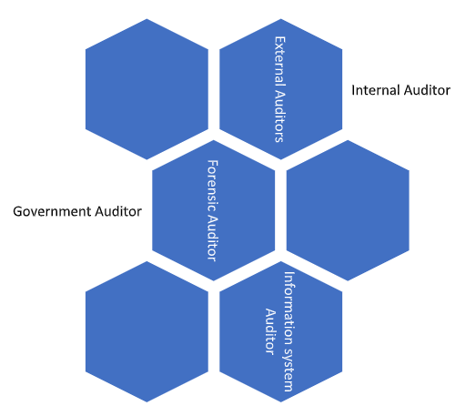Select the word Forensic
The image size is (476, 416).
point(212,186)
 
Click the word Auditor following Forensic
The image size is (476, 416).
point(212,238)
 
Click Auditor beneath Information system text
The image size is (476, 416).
point(270,331)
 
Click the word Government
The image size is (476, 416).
point(52,211)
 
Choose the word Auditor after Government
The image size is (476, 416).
point(118,211)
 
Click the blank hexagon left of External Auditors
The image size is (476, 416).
point(147,89)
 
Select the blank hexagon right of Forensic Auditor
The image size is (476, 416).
point(348,210)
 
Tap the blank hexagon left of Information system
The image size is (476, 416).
point(147,331)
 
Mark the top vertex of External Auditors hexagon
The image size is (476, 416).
point(281,19)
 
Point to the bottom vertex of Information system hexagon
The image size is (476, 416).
point(281,402)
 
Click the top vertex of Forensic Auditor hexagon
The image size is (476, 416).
point(213,140)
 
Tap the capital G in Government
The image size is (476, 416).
point(18,211)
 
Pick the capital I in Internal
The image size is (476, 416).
point(353,90)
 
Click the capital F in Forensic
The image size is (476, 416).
point(212,163)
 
